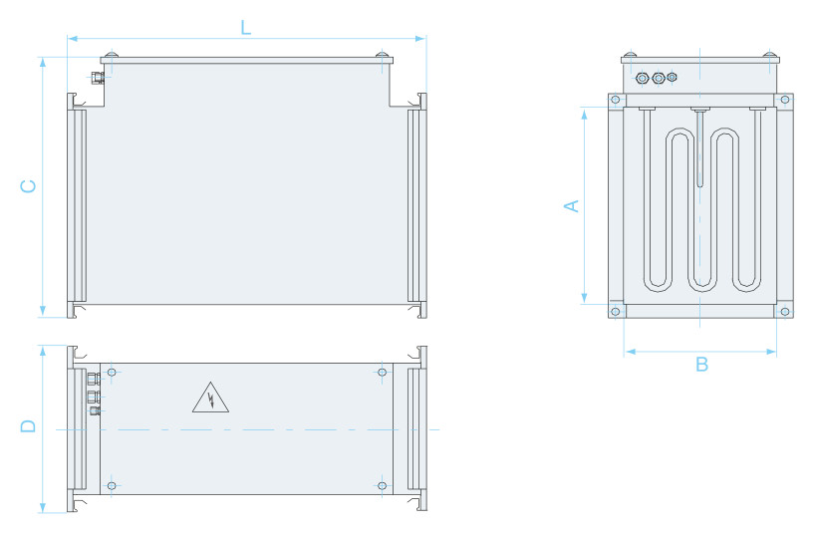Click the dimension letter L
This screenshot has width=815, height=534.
click(246, 27)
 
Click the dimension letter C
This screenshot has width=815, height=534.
click(28, 186)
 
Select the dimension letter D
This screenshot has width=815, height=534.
click(28, 425)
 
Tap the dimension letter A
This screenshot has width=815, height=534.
click(571, 206)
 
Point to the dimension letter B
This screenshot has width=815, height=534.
click(701, 365)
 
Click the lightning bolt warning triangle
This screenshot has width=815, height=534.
click(210, 398)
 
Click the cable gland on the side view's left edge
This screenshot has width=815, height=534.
click(98, 78)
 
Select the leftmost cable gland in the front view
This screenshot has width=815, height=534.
click(643, 78)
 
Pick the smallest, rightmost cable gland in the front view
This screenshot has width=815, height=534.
click(673, 77)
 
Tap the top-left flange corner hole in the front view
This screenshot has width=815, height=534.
click(616, 100)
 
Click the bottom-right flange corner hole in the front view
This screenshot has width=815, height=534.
click(785, 312)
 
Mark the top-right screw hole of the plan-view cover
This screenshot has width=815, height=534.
click(382, 373)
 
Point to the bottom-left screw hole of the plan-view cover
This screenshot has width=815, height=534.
click(112, 486)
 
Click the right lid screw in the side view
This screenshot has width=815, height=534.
click(382, 55)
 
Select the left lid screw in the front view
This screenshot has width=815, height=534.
click(630, 55)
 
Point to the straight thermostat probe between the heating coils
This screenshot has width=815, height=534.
click(700, 147)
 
